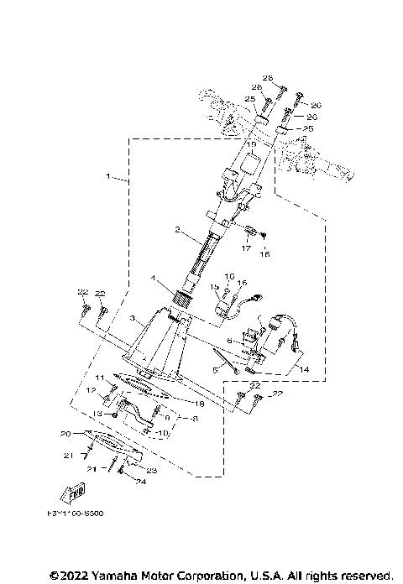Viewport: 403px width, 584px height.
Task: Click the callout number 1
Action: pyautogui.click(x=108, y=177)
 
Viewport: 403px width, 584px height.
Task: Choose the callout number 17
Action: pyautogui.click(x=248, y=248)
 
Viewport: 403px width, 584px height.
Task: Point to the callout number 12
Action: pyautogui.click(x=92, y=391)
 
